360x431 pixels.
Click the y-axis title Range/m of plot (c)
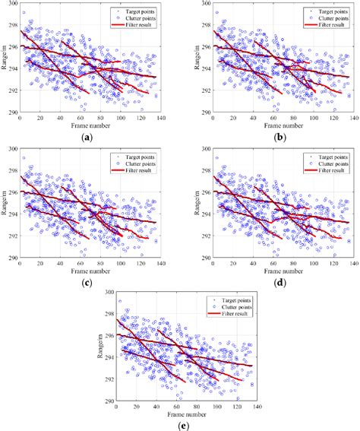pos(3,202)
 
